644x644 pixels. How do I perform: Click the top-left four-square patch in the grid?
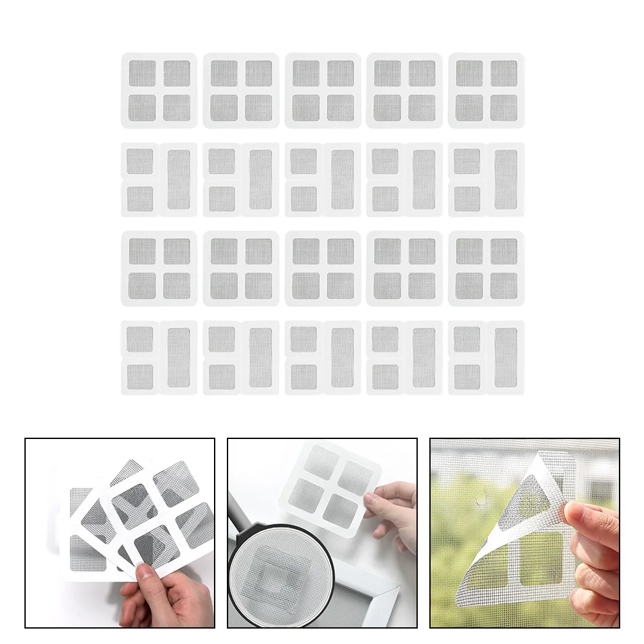[159, 91]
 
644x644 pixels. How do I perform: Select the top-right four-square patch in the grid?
[487, 91]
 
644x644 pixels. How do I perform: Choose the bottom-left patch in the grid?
[159, 358]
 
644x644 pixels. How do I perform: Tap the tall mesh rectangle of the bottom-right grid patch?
[506, 358]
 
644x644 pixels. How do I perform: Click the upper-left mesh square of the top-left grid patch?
[142, 73]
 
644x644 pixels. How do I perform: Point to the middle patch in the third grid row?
[323, 269]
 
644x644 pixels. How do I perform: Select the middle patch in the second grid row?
[323, 180]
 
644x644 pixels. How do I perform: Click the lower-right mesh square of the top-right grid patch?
[504, 108]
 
